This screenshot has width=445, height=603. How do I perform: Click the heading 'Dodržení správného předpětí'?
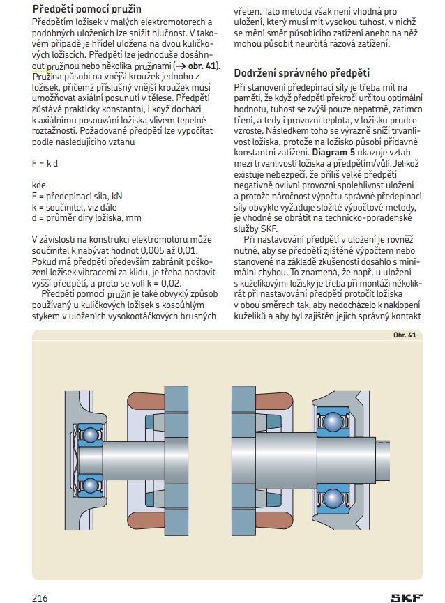(301, 72)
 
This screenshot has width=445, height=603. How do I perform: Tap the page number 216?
(39, 597)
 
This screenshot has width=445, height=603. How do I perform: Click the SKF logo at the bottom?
(406, 597)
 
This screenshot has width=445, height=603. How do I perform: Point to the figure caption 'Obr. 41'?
(405, 335)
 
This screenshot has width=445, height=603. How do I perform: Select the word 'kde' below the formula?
(39, 186)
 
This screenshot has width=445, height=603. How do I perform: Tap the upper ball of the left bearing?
(90, 435)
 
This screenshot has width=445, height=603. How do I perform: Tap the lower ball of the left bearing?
(90, 484)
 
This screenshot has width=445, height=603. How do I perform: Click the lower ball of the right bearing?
(333, 500)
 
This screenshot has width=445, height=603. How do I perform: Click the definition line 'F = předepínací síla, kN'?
(77, 197)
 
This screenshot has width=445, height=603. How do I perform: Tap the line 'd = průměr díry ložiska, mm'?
(82, 217)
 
